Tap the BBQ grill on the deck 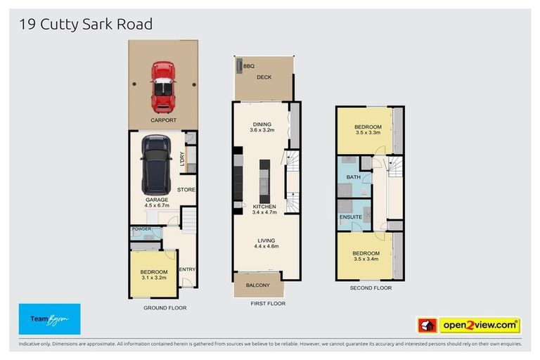(x=239, y=66)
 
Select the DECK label (x=264, y=77)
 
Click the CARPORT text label (x=162, y=120)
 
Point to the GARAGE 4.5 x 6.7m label (x=157, y=203)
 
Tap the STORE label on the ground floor (x=186, y=190)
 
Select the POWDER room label (x=141, y=229)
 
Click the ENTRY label (x=187, y=269)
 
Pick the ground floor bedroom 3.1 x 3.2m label (x=153, y=275)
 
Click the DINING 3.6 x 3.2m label (x=261, y=127)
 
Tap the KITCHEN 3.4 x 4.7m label (x=264, y=209)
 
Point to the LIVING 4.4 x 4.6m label (x=266, y=243)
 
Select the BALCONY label (x=257, y=285)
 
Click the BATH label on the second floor (x=353, y=177)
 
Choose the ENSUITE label (x=350, y=217)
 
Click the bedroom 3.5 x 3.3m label (x=368, y=129)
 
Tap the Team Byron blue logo (x=49, y=319)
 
